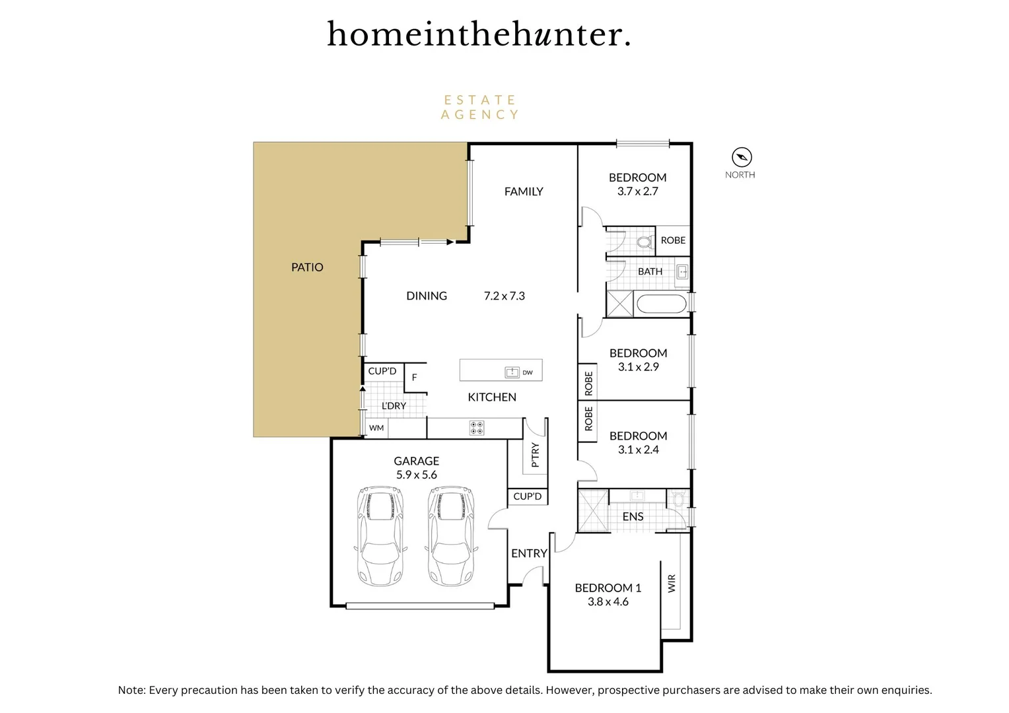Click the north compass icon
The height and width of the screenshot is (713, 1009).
coord(742,157)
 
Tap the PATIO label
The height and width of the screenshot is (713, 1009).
coord(307,267)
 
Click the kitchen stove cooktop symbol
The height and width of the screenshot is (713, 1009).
coord(476,428)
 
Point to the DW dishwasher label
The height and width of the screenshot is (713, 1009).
coord(528,373)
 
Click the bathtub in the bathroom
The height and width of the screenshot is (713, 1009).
coord(661,304)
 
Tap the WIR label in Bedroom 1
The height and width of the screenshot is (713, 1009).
coord(672,583)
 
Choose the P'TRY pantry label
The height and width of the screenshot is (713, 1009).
coord(535,455)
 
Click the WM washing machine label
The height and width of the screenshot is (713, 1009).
coord(376,428)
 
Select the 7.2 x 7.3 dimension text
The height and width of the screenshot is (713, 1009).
coord(504,296)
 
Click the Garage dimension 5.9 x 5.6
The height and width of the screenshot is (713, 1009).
coord(416,475)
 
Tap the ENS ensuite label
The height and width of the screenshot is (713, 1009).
coord(633,516)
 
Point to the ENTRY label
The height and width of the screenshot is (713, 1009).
coord(529,553)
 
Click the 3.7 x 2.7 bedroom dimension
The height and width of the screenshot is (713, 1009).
coord(637,191)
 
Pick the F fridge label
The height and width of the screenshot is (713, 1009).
coord(415,378)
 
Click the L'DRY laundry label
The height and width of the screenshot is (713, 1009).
coord(394,406)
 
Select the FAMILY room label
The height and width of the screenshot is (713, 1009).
coord(524,191)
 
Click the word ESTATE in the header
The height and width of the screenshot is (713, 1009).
coord(479,100)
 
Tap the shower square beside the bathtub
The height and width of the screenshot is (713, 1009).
coord(620,304)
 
